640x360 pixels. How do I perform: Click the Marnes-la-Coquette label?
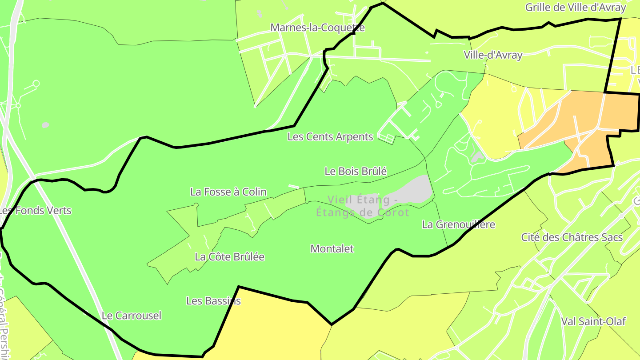tap(317, 28)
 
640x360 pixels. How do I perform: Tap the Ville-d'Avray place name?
tap(493, 55)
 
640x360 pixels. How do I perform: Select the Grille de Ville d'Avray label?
tap(575, 8)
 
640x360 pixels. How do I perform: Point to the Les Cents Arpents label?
tap(330, 136)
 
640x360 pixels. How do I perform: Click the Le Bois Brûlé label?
tap(356, 171)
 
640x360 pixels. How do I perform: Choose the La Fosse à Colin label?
tap(228, 192)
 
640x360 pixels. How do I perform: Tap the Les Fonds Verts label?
tap(36, 210)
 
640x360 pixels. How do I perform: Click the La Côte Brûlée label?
tap(229, 257)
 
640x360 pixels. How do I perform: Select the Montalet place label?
tap(332, 249)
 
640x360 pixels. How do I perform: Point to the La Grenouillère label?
tap(458, 224)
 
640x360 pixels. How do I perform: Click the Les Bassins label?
tap(213, 301)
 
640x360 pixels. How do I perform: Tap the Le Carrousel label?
tap(132, 316)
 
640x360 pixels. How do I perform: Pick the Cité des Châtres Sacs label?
tap(572, 237)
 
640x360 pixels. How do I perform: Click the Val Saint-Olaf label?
tap(593, 321)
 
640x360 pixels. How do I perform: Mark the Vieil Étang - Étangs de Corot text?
tap(362, 206)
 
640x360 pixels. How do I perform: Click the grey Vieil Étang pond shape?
tap(413, 189)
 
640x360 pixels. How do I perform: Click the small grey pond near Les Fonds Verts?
tap(45, 125)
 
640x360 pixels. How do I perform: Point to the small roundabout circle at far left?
tap(36, 83)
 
